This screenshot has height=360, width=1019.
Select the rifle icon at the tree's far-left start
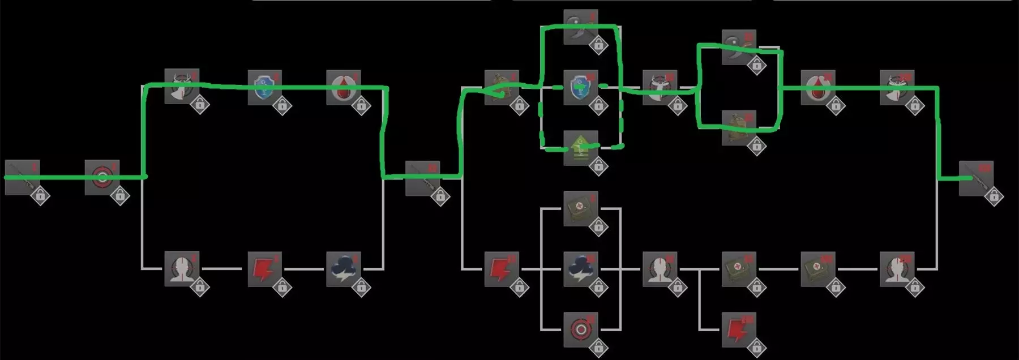click(22, 177)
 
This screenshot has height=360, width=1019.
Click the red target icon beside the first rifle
click(102, 177)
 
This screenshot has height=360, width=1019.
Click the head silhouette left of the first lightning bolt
click(182, 269)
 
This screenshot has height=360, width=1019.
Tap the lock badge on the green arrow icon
click(598, 166)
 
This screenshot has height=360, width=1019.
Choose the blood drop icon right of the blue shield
click(344, 87)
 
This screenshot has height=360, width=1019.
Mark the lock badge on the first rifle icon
click(40, 196)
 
